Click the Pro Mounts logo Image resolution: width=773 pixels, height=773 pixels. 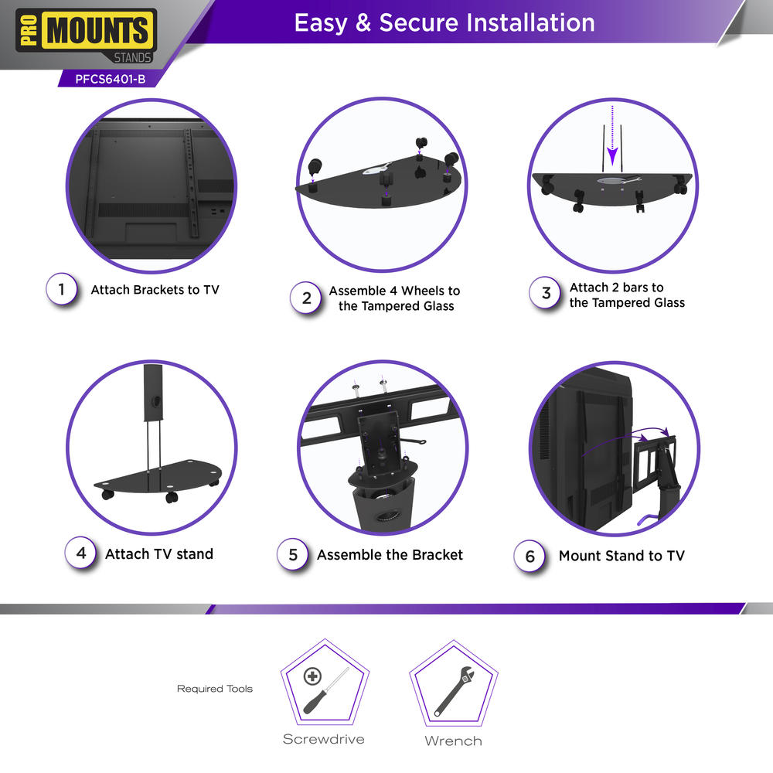coord(87,36)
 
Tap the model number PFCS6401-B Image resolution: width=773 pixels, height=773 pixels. coord(111,80)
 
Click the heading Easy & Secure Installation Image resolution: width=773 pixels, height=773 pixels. coord(444,22)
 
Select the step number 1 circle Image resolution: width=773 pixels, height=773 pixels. coord(62,289)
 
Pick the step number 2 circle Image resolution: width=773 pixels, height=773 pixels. coord(306,298)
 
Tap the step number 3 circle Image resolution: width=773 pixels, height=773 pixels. coord(545,293)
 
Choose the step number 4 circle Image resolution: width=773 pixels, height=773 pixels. coord(81,553)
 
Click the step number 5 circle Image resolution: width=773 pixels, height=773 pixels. coord(293,554)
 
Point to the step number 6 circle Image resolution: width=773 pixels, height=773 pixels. coord(530,557)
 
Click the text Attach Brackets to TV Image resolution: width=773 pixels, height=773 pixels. coord(155,290)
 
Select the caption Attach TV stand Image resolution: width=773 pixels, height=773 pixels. coord(159,554)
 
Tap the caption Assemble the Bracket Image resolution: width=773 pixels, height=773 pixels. coord(390,555)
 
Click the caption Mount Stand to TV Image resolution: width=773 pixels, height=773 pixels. coord(621,556)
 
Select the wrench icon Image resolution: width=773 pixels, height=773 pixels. coord(454,691)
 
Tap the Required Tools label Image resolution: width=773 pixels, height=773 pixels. coord(214,689)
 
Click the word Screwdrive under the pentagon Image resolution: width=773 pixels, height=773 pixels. coord(323,739)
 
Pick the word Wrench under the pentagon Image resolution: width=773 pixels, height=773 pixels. coord(453,741)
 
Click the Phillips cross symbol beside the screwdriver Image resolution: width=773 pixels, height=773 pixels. coord(312,676)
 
